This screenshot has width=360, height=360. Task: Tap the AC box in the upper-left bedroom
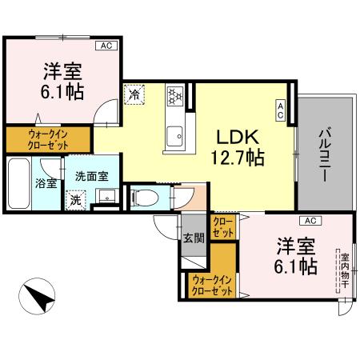106,46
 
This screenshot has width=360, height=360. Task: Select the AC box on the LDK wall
280,110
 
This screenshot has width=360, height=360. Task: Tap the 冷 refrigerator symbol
134,94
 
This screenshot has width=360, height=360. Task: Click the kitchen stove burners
175,97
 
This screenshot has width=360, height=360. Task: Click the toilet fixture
144,196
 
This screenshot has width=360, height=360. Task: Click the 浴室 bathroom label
46,183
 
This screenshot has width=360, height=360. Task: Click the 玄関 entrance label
193,237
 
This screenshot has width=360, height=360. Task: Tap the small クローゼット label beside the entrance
224,226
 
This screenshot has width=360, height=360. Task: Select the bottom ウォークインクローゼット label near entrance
212,286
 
